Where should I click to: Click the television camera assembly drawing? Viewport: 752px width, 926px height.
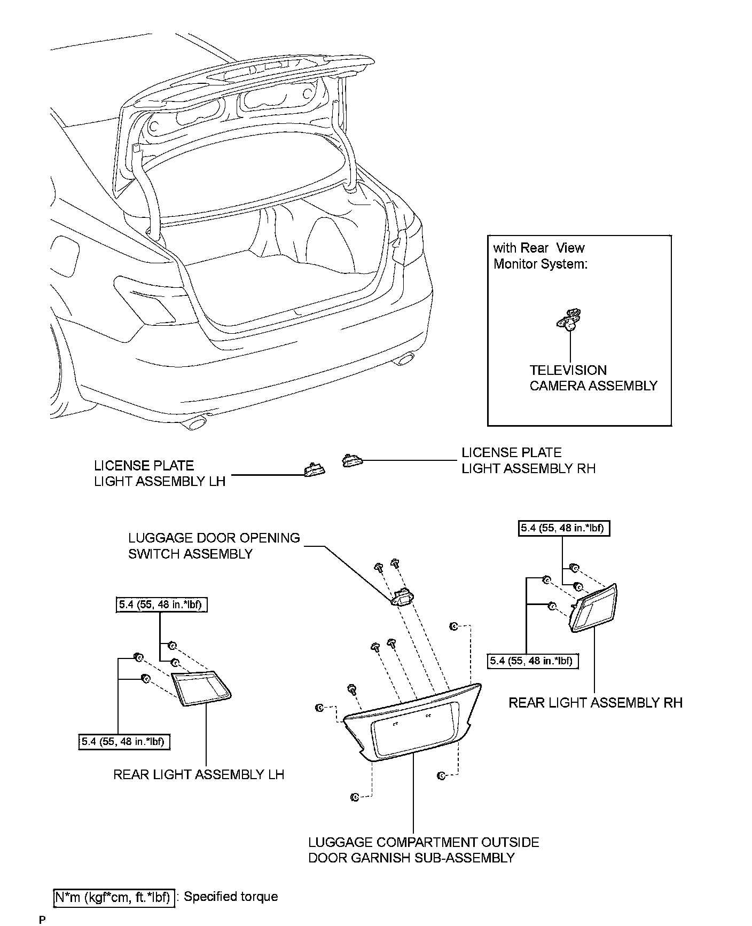pos(569,320)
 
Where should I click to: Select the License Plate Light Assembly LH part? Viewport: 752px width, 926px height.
pos(313,469)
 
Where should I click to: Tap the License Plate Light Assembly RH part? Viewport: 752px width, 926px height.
pos(351,459)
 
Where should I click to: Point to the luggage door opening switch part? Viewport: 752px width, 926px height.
pos(403,597)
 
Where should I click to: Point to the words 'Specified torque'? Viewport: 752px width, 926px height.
pos(231,897)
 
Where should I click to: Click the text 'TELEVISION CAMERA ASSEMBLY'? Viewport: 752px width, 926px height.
pos(593,378)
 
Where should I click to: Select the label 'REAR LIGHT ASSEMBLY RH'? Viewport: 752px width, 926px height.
pos(595,703)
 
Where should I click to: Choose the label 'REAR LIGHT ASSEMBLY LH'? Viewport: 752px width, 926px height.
pos(199,774)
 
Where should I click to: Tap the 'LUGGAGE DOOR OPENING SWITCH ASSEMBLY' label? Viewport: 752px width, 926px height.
pos(214,546)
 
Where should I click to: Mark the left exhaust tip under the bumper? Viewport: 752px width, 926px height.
pos(195,423)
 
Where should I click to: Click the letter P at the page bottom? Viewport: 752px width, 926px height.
pos(43,920)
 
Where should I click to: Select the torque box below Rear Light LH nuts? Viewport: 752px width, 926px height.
pos(124,742)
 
